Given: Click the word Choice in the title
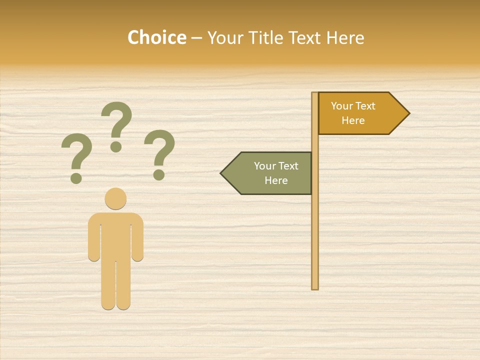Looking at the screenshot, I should (156, 37).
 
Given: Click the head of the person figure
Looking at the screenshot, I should (115, 198).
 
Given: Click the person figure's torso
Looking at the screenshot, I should (115, 235).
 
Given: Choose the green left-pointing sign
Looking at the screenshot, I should (270, 173).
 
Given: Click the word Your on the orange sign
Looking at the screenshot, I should (342, 106).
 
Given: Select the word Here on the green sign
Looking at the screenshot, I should (276, 180).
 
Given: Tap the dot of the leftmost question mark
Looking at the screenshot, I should (76, 178).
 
